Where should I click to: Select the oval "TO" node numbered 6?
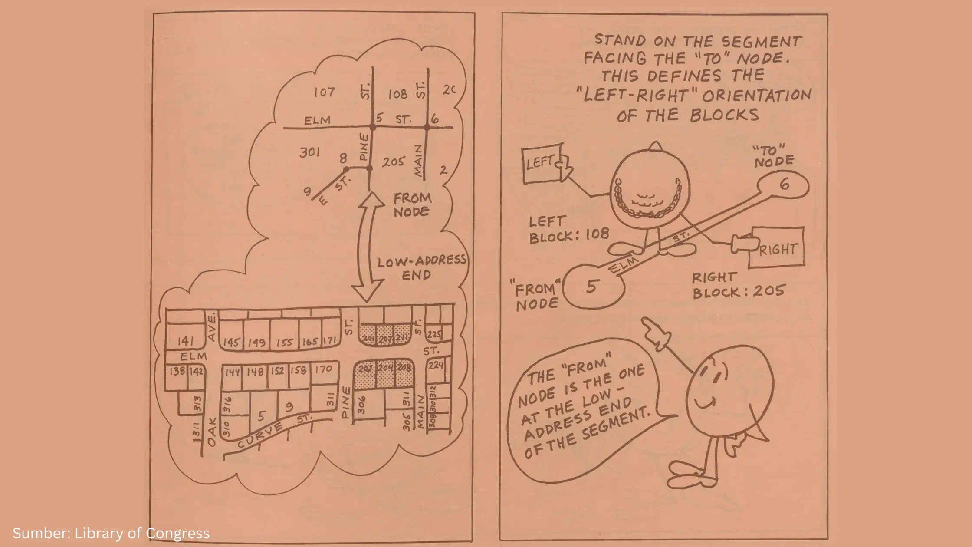pos(784,185)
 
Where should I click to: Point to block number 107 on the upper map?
pos(324,92)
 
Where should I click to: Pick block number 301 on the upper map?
pos(310,152)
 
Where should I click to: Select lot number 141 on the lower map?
pos(186,341)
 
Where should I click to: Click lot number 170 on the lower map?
pos(324,369)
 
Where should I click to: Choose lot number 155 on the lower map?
pos(285,343)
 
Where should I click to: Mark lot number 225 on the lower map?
pos(434,334)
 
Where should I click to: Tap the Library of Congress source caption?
pos(111,533)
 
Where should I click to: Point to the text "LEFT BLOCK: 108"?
pos(568,229)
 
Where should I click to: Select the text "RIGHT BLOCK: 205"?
pos(738,285)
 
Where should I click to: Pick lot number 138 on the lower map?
pos(177,371)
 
